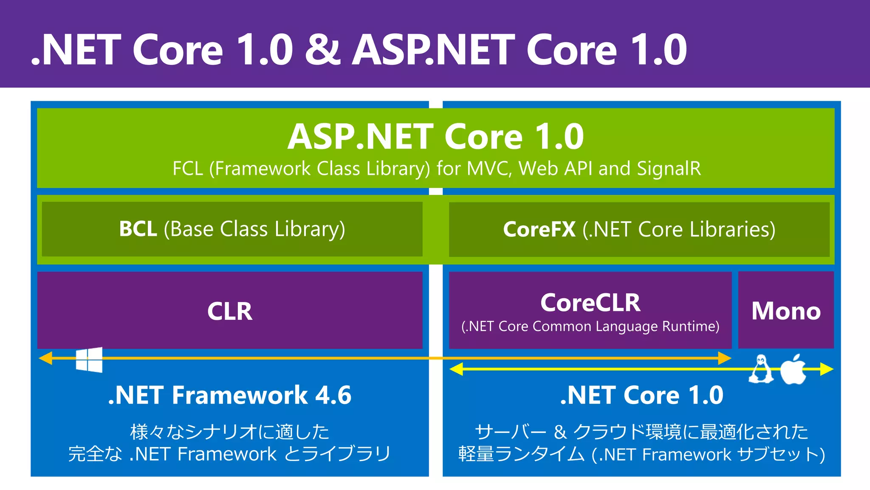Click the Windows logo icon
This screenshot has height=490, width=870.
[89, 360]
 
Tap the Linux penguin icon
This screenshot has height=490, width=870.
[760, 369]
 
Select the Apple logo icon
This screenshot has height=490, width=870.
[793, 369]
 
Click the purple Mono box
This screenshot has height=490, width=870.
[786, 311]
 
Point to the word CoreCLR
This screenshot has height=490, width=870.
[590, 303]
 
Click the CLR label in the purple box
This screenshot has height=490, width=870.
[229, 311]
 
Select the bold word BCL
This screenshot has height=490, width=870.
[138, 229]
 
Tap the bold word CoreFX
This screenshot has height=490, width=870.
[539, 229]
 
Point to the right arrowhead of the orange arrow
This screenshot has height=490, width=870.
[724, 358]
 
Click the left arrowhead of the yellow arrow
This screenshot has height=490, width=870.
[456, 369]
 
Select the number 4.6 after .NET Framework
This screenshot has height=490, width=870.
[333, 395]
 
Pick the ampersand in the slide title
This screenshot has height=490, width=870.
[322, 50]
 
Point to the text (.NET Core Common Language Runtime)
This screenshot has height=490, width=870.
[590, 326]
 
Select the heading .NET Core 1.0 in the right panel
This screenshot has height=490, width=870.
[641, 395]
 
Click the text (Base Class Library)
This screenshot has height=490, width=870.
[254, 229]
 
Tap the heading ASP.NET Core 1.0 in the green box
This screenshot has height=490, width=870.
[435, 137]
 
